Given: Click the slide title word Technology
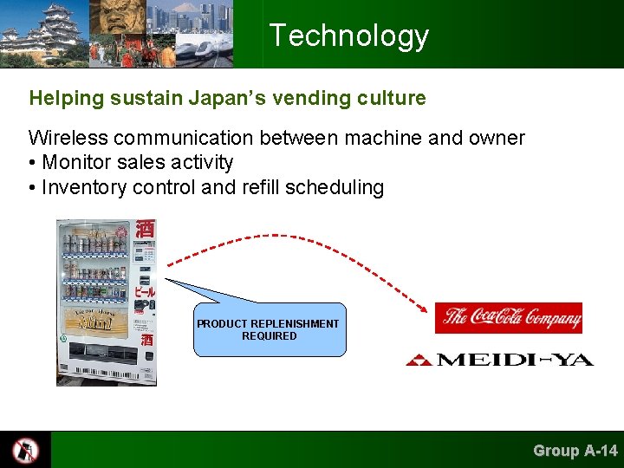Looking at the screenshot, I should pos(348,36).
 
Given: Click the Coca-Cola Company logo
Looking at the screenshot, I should pos(508,317).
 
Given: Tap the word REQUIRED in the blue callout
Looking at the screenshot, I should pos(269,336).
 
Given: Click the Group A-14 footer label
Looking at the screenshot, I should pos(575,450).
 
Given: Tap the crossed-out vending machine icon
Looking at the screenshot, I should pos(25,450).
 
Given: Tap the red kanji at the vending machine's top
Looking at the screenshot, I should pos(146,230).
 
